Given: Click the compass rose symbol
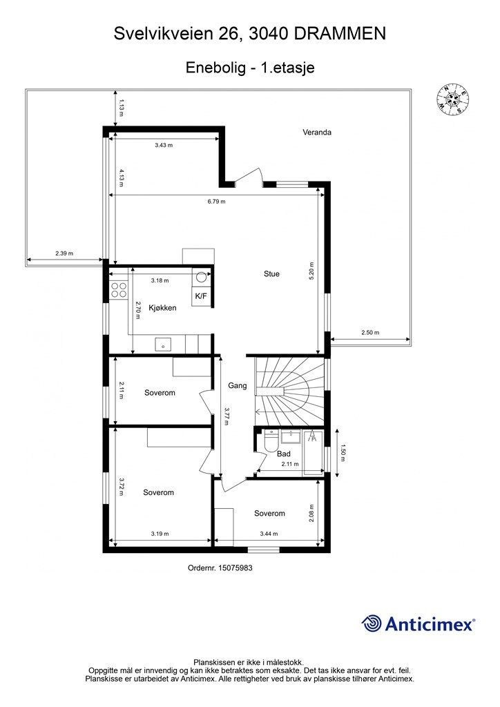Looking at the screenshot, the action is click(x=452, y=99).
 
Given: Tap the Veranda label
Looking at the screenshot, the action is click(x=317, y=132).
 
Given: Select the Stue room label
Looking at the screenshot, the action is click(x=271, y=273).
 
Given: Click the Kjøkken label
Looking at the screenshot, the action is click(x=162, y=308).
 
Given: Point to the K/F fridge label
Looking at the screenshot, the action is click(x=201, y=296).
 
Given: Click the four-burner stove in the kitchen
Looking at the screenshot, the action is click(x=119, y=290).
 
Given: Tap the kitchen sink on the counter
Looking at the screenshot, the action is click(x=163, y=345).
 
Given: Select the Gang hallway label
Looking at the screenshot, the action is click(x=237, y=385).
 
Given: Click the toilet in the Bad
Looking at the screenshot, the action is click(x=271, y=441).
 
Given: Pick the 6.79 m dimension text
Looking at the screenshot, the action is click(x=216, y=202).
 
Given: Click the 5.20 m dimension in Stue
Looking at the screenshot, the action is click(x=311, y=271).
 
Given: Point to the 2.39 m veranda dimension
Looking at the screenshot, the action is click(x=64, y=253).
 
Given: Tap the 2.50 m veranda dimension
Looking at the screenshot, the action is click(x=370, y=333).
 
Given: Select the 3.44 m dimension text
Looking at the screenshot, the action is click(x=269, y=534).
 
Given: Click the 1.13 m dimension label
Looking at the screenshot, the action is click(x=121, y=108).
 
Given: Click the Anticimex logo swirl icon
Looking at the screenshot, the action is click(x=371, y=623).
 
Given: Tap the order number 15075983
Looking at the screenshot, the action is click(x=235, y=568).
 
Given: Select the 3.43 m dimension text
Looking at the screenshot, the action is click(x=164, y=145).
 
